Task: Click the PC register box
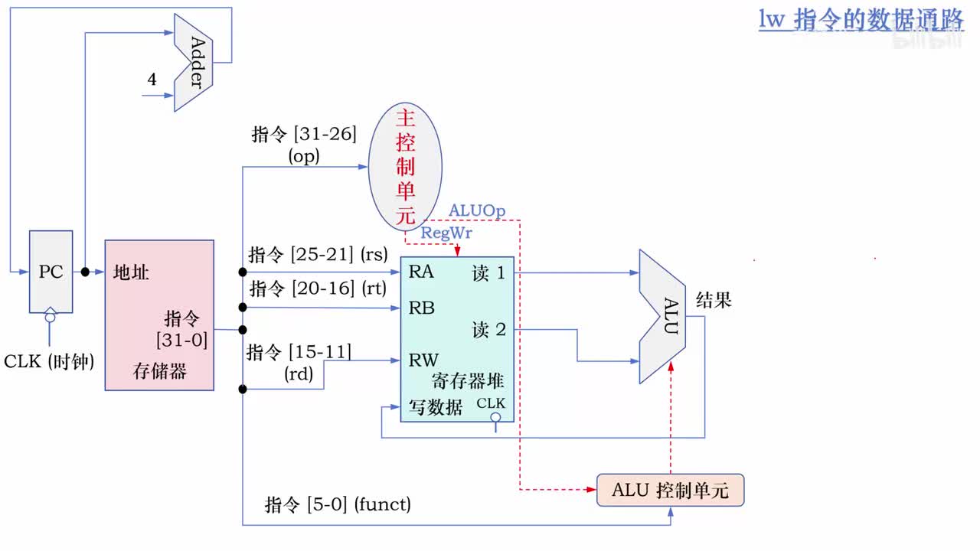51,272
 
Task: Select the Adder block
194,62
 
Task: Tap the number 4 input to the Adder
152,80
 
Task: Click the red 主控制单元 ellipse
405,168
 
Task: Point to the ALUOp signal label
476,210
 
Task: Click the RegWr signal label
446,233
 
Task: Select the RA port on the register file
421,271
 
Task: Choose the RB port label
421,308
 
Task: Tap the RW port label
423,360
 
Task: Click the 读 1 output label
488,273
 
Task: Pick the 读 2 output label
488,330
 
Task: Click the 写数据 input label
436,408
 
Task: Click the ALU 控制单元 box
670,491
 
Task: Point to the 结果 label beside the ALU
714,301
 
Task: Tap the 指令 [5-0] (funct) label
338,504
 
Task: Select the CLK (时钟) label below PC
49,361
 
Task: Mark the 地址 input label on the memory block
131,272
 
